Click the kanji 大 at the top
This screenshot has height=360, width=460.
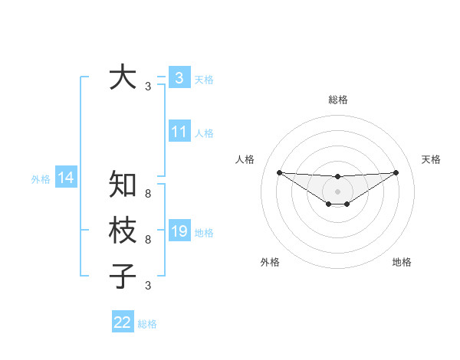pos(123,77)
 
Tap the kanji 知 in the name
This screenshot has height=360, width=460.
pos(123,184)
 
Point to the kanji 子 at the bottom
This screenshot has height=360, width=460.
pos(123,276)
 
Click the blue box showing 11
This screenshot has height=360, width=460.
pos(179,132)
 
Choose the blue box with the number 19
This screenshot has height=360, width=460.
pos(179,231)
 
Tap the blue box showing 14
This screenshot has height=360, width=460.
pos(66,178)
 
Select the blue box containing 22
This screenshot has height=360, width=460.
pos(123,322)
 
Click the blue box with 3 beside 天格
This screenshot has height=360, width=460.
pos(179,77)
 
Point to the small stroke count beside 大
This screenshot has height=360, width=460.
pos(148,87)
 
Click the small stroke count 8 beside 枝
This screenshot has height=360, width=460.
pos(148,240)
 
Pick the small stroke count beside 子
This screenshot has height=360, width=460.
pos(148,286)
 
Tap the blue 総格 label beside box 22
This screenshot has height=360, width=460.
pos(147,324)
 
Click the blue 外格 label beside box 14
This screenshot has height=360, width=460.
pos(41,179)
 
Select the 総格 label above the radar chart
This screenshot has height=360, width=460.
pos(338,100)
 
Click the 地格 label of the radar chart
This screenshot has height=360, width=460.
pos(402,262)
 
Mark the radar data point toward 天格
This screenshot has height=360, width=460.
pos(396,172)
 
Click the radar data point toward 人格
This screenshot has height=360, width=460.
pos(279,172)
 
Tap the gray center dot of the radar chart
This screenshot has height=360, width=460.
pos(337,191)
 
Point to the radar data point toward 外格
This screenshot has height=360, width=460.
pos(329,204)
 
